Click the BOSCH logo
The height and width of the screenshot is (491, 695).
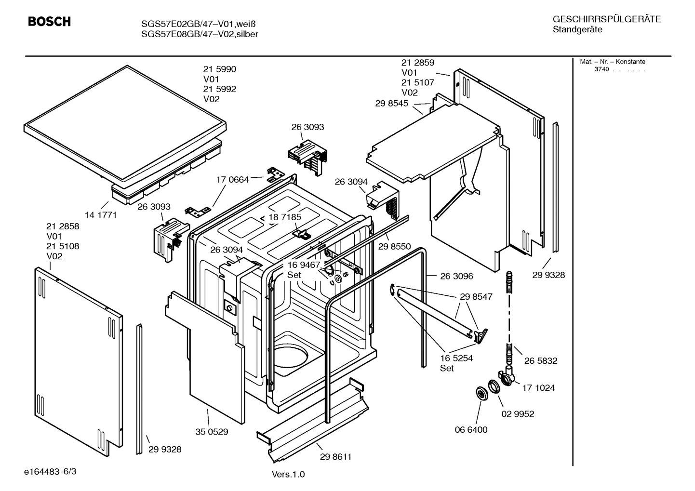49,22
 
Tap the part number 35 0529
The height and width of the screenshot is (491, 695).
212,432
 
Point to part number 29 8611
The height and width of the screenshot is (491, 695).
335,457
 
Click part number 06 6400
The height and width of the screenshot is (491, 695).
471,430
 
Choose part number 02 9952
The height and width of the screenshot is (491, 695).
518,414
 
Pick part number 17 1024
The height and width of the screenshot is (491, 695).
538,388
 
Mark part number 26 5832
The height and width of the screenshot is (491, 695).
541,361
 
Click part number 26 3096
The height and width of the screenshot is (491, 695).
456,276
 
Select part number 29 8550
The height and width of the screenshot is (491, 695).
394,246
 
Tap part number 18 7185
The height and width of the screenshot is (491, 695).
285,217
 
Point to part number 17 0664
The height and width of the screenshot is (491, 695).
232,180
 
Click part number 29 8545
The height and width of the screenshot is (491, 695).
391,103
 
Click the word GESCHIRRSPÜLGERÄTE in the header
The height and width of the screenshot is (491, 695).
606,19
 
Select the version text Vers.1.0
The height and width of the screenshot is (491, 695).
288,475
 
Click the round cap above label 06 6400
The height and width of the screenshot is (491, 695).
481,393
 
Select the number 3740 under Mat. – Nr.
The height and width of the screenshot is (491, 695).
601,69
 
